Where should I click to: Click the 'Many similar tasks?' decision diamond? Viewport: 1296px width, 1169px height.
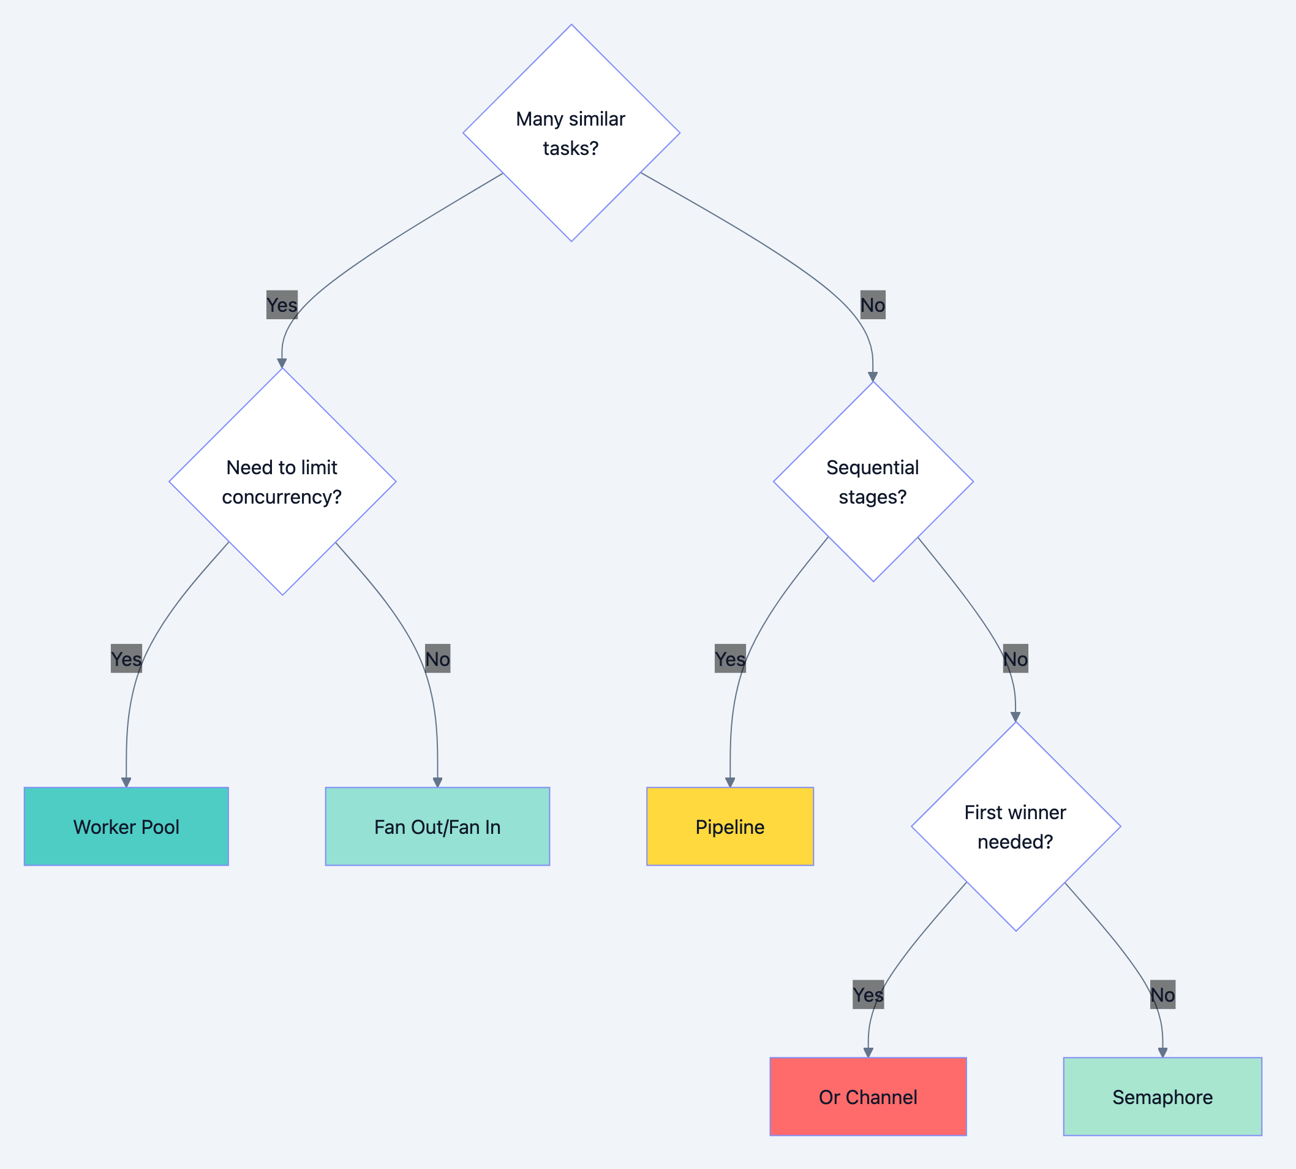(571, 133)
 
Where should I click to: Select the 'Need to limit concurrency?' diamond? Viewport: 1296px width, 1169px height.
(282, 482)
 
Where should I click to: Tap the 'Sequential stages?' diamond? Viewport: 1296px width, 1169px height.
(873, 482)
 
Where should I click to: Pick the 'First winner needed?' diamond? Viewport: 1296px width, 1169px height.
(1015, 827)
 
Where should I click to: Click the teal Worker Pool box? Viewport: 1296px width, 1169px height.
(127, 827)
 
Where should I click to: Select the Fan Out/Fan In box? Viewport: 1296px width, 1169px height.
(437, 827)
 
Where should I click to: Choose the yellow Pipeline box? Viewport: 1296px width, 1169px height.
(729, 827)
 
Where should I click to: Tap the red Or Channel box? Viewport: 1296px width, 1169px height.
(868, 1097)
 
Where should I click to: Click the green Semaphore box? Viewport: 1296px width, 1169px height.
(1162, 1097)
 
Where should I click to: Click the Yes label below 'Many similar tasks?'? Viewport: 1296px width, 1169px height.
(282, 305)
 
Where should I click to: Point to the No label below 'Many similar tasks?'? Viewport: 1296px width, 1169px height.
(873, 305)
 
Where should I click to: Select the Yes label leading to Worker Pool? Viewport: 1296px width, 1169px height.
(127, 659)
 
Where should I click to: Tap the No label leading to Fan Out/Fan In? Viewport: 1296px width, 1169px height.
(437, 659)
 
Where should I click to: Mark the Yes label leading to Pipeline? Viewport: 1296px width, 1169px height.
(730, 659)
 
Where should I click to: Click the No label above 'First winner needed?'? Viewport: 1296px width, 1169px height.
(1015, 659)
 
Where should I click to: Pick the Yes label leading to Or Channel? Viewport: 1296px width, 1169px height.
(868, 995)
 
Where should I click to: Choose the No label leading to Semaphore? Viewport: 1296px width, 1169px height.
(1162, 995)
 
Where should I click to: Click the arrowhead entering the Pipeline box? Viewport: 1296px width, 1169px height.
(729, 782)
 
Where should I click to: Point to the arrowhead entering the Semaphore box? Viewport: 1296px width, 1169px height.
(1162, 1053)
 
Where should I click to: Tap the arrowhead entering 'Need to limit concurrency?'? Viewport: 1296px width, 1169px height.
(282, 363)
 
